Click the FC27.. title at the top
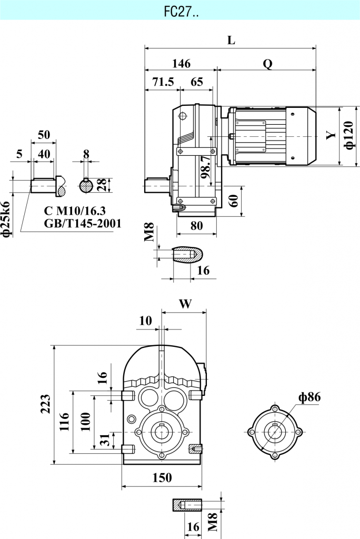(x=181, y=10)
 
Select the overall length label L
(x=231, y=41)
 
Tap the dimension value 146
(x=181, y=63)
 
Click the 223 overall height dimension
(x=46, y=404)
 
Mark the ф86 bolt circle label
(x=309, y=397)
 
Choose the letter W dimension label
(x=185, y=304)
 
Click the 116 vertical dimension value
(x=64, y=422)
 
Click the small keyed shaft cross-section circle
(x=86, y=186)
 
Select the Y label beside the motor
(x=331, y=135)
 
